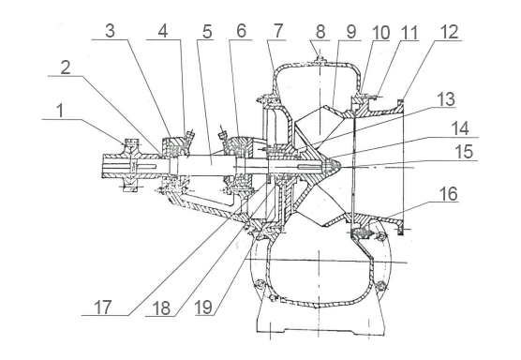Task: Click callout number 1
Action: pos(60,111)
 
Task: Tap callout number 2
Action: pos(66,67)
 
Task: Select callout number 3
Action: pos(110,31)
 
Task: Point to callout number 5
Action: pos(207,32)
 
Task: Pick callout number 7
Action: pos(277,31)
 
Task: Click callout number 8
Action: pos(320,32)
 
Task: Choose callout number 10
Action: pos(380,33)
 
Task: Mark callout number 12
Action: pos(449,32)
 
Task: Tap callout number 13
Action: pos(446,99)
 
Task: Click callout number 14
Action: pos(459,128)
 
